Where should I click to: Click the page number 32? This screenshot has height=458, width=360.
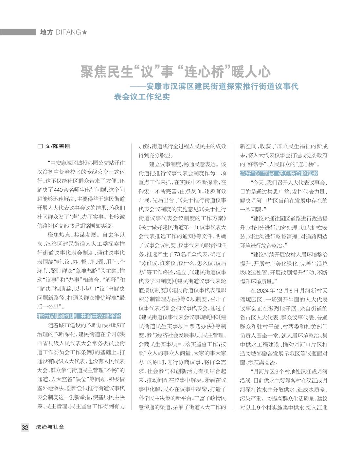tap(25, 427)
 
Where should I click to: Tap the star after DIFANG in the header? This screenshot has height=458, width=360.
tap(85, 32)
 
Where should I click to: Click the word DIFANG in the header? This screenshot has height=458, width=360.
tap(68, 32)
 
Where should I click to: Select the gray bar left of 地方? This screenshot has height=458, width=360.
tap(18, 32)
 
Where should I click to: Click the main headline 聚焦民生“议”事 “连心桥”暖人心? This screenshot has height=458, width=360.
tap(176, 71)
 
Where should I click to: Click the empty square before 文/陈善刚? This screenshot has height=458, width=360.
tap(40, 146)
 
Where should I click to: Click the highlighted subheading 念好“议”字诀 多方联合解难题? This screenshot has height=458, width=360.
tap(279, 173)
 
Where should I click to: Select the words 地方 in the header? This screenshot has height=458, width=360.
tap(46, 32)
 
